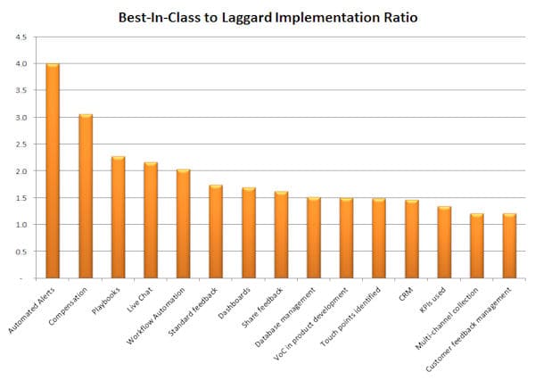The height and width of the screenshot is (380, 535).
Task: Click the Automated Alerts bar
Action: (53, 170)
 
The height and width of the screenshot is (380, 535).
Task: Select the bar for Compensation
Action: (86, 196)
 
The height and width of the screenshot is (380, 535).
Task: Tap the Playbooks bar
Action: (118, 217)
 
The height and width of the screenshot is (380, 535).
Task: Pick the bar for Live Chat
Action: (151, 220)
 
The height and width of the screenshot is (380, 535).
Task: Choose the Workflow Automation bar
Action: (183, 224)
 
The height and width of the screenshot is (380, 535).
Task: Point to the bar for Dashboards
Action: (249, 233)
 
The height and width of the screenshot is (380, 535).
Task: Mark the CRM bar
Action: (412, 239)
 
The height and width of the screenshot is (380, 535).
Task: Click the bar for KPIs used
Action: (444, 243)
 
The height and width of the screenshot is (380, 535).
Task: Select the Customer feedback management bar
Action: (509, 246)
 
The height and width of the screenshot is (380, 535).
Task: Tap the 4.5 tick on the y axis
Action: (21, 37)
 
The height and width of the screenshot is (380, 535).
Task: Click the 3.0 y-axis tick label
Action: (21, 117)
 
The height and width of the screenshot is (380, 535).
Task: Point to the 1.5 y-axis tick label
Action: (21, 198)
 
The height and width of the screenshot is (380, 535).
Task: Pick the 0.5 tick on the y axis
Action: (21, 252)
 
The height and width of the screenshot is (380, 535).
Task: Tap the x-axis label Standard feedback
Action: (193, 311)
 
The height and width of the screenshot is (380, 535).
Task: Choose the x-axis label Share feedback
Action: (262, 308)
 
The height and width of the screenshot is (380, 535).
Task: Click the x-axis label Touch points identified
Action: (350, 317)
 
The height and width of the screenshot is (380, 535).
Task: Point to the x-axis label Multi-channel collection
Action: (447, 318)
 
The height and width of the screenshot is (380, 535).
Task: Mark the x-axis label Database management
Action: (285, 318)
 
